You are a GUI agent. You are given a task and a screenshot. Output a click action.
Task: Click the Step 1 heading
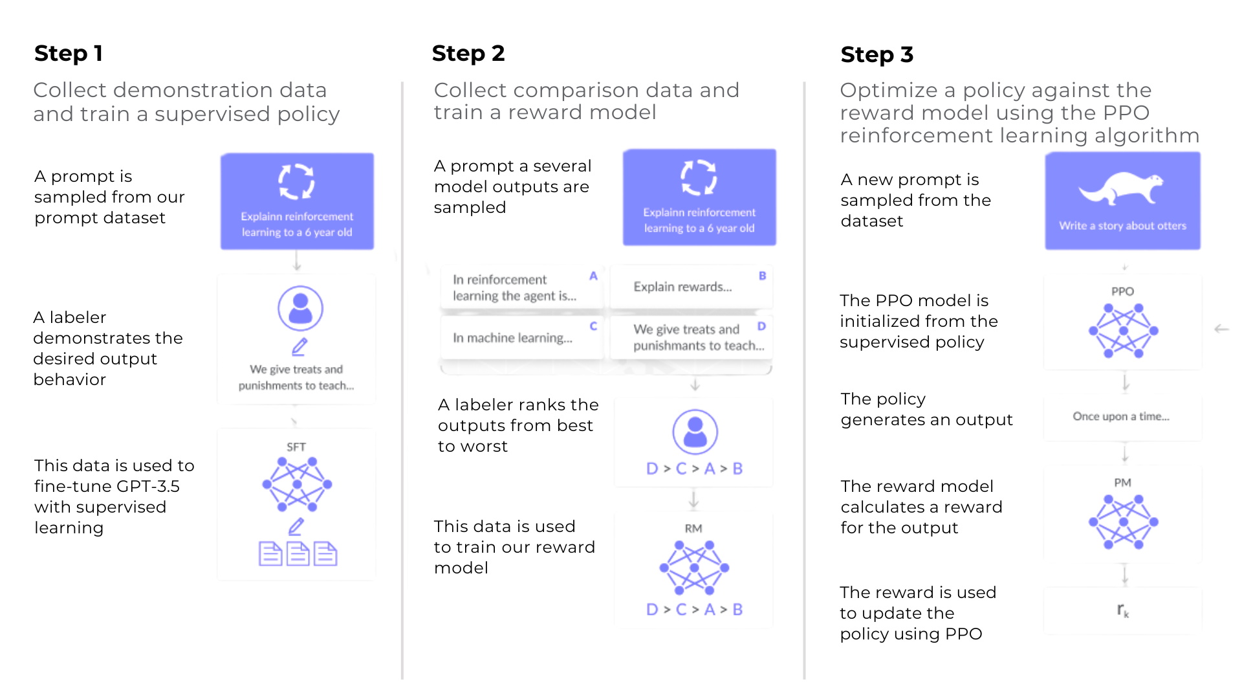(x=69, y=53)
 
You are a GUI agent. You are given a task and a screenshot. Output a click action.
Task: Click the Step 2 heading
(x=468, y=53)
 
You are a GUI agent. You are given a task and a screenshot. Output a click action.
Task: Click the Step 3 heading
(x=877, y=54)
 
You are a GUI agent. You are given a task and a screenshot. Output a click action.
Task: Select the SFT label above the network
(x=296, y=447)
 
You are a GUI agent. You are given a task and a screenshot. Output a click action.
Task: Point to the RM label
(x=693, y=528)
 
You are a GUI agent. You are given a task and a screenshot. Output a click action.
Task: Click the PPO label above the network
(x=1122, y=291)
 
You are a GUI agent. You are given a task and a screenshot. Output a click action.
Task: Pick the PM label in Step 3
(x=1122, y=483)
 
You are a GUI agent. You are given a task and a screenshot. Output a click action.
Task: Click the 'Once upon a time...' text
(x=1121, y=416)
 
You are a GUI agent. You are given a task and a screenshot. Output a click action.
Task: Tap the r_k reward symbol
(x=1122, y=610)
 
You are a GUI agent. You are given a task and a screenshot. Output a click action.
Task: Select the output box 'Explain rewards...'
(x=683, y=287)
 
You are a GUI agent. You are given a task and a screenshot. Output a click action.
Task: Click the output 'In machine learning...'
(x=512, y=338)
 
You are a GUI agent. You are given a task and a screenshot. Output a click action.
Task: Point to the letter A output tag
(x=593, y=276)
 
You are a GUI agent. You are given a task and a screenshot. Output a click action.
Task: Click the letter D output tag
(x=761, y=326)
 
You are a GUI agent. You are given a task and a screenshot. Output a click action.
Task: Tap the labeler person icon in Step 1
(x=300, y=308)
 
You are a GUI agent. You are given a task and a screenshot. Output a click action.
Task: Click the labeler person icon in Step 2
(x=695, y=432)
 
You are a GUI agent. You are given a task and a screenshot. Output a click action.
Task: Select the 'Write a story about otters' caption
(x=1122, y=226)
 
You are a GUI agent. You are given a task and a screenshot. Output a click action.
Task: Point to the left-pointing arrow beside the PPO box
(x=1221, y=329)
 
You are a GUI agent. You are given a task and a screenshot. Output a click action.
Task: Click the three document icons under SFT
(x=298, y=554)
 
